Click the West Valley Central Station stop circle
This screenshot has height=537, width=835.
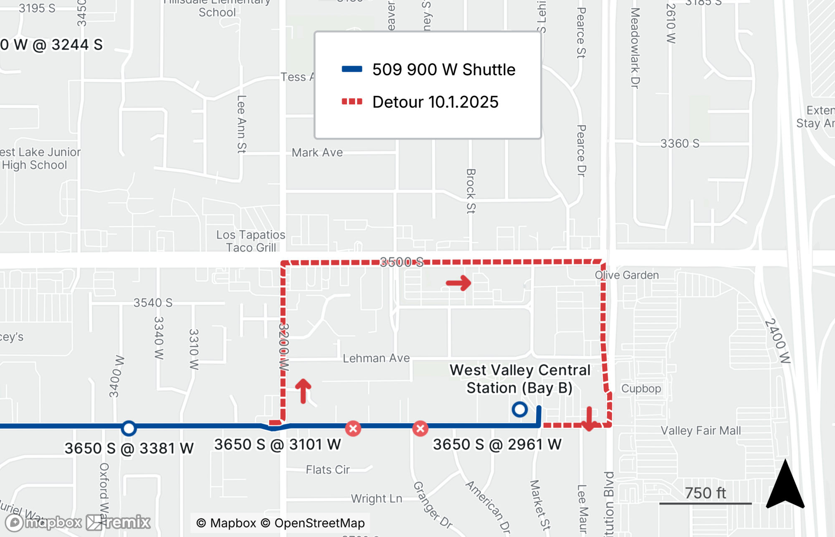519,409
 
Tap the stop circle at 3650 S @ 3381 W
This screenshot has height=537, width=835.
129,428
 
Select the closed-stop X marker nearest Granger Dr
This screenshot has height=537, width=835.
420,428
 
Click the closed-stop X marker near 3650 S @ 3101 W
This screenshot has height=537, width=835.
353,428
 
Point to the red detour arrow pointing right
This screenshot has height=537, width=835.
458,283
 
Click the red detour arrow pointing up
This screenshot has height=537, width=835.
304,390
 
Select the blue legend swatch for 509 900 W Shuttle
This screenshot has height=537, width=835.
352,69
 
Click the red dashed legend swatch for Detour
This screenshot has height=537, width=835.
352,101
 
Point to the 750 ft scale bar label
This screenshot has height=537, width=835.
705,493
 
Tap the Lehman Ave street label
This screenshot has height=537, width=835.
376,358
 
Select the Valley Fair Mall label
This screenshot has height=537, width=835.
701,431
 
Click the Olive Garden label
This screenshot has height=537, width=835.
627,275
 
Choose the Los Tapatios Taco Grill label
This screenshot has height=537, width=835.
250,241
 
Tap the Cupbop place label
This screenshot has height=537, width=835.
641,388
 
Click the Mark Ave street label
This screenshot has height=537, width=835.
317,152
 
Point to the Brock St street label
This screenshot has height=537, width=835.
471,191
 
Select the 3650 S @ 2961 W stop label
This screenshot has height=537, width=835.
497,444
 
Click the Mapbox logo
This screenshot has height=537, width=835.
44,522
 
